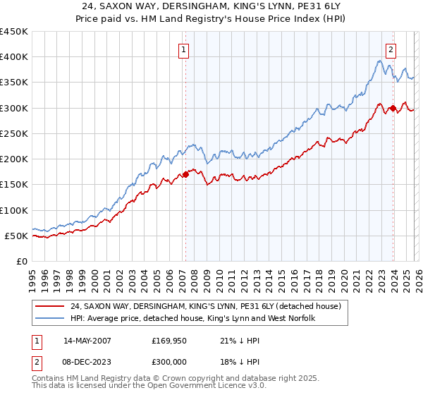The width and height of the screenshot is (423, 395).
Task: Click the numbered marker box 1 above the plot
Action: click(x=184, y=49)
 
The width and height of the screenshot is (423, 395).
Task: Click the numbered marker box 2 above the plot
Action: click(x=391, y=49)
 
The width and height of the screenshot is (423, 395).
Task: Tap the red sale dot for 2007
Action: click(x=185, y=174)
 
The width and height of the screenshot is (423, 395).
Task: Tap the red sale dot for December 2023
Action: click(x=393, y=108)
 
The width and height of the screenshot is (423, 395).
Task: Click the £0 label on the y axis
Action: click(x=21, y=261)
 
